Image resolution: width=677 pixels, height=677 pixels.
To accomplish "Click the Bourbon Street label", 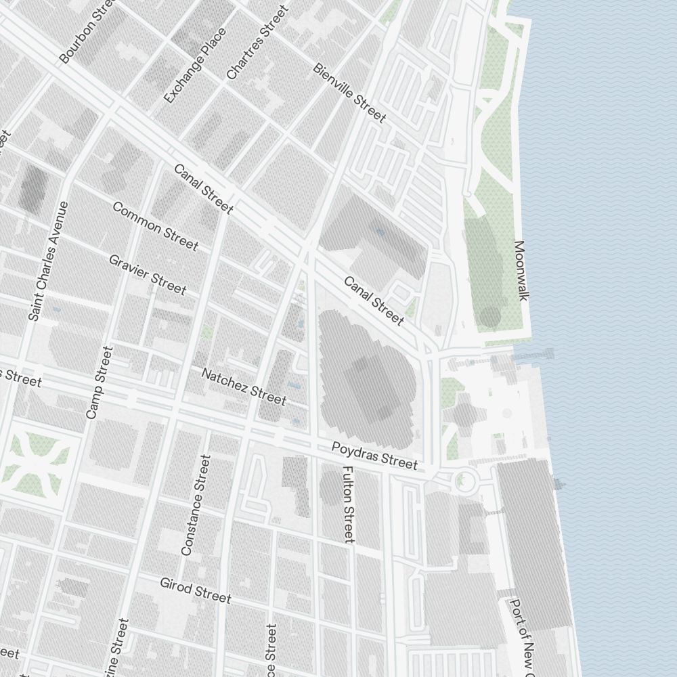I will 89,32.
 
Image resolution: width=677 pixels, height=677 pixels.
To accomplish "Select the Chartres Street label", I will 257,42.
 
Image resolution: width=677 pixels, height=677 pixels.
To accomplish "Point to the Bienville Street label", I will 349,93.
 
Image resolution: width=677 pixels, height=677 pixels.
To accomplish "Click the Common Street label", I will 155,225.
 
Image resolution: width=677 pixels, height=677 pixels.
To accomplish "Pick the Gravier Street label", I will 147,274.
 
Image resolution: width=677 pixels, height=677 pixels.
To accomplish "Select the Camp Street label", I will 100,382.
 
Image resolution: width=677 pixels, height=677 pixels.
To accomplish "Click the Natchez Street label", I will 244,386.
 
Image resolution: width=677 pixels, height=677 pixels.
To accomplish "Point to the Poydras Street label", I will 374,456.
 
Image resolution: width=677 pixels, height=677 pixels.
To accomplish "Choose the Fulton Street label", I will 348,504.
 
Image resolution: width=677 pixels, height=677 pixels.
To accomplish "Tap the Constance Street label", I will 196,505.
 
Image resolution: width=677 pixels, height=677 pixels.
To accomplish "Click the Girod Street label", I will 196,590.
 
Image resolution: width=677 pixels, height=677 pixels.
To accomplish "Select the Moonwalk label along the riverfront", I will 520,270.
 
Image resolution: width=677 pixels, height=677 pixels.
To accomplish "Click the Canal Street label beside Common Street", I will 204,189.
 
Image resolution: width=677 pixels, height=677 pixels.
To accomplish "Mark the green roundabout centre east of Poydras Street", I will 464,481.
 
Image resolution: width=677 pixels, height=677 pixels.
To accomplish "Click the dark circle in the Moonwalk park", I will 490,317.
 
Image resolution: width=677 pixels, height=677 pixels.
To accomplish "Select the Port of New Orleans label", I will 523,636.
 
